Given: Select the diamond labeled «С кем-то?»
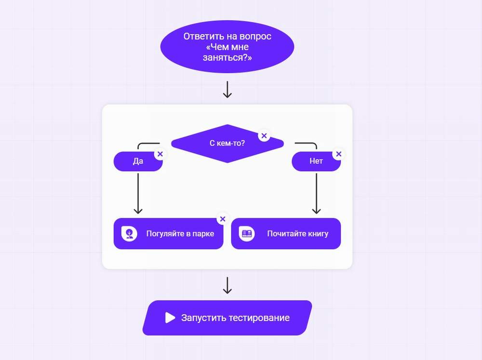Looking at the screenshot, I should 227,143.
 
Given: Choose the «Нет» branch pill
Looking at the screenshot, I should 316,161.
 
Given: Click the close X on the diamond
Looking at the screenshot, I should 264,135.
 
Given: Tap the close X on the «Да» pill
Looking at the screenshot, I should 160,154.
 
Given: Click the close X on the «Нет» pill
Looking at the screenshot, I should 338,154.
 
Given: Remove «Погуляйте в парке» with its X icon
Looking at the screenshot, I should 222,219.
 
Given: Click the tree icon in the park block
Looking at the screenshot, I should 129,234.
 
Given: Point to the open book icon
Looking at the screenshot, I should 247,234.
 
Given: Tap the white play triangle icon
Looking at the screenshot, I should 170,318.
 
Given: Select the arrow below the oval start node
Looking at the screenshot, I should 227,89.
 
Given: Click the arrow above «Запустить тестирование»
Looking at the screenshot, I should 227,285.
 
